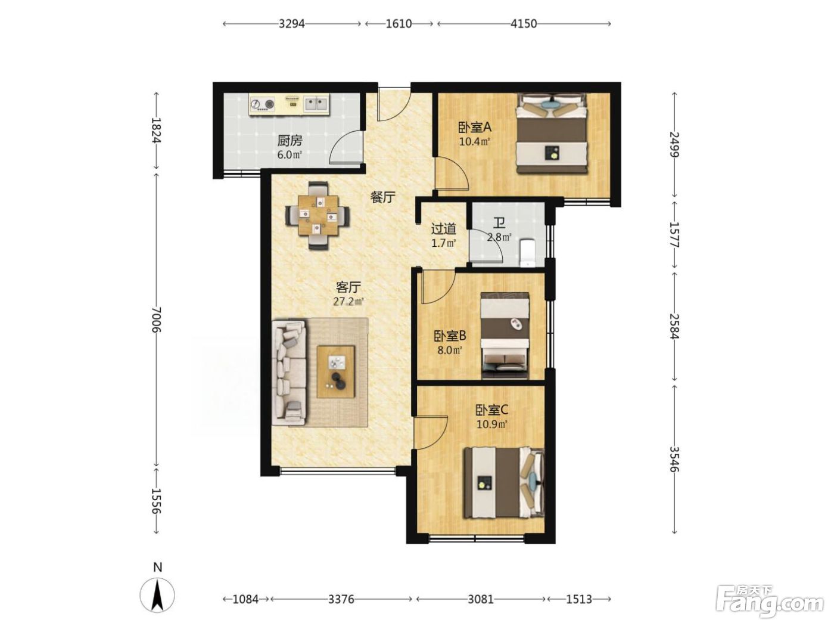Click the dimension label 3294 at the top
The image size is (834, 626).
[291, 24]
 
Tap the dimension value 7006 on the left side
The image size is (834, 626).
[156, 320]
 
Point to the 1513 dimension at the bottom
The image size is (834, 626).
[578, 599]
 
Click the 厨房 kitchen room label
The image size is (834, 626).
[290, 141]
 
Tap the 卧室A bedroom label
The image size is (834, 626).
[474, 127]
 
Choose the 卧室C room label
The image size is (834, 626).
[491, 410]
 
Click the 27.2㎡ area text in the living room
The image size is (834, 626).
[348, 302]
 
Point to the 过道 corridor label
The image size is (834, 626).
[443, 229]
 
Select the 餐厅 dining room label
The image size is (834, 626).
[383, 197]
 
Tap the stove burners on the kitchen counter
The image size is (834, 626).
[262, 103]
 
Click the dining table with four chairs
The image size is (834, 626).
[318, 215]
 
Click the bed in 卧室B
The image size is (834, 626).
[505, 336]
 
